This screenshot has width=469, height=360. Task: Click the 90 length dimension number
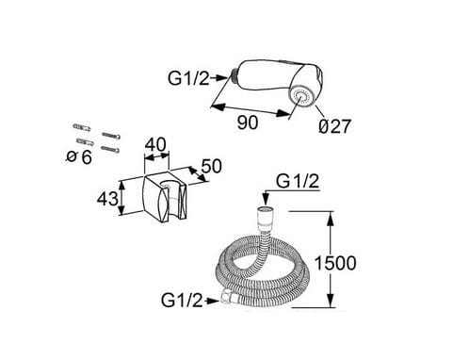pos(248,123)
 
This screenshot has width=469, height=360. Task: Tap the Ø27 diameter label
pos(334,126)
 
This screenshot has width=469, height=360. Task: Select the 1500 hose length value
pos(335,263)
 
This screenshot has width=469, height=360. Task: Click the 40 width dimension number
pos(155,144)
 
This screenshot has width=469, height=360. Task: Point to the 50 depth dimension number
pos(211,166)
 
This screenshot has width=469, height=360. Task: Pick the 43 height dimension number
pos(107,199)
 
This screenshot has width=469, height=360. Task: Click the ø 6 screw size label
pos(79,156)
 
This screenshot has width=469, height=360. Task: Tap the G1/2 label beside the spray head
pos(188,78)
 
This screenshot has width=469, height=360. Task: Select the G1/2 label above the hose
pos(298,181)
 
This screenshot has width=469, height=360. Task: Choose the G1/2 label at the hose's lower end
pos(182,300)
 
